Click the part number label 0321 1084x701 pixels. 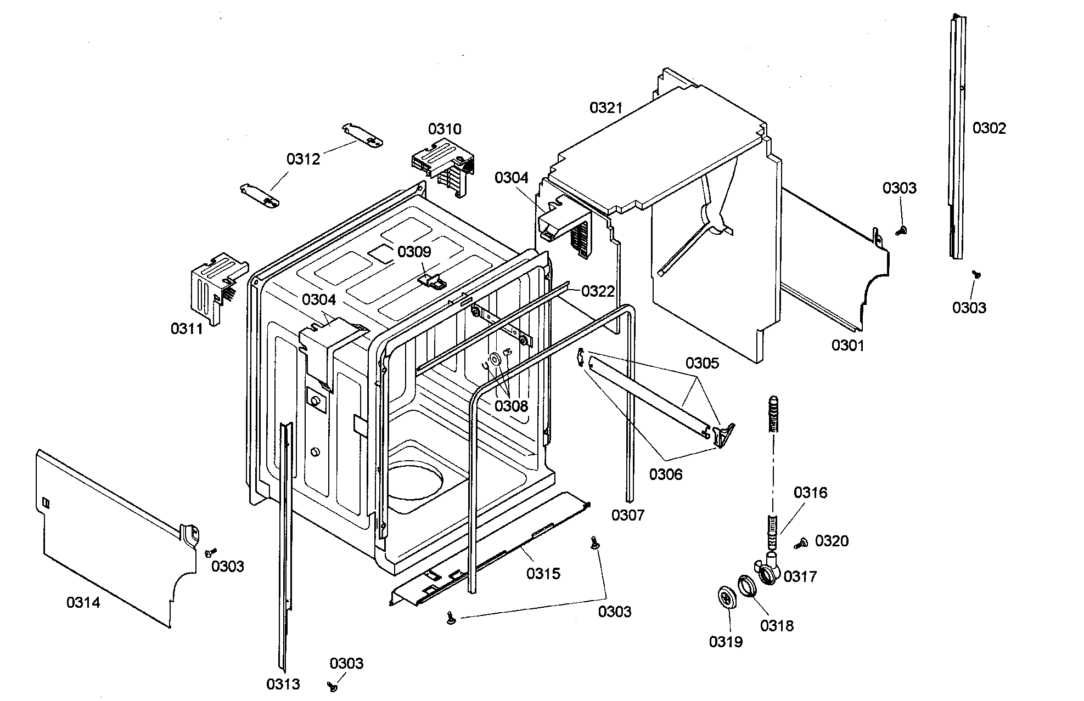pos(606,108)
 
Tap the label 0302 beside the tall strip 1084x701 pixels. pos(989,128)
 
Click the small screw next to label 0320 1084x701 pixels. pos(801,543)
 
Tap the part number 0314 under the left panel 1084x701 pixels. pos(83,602)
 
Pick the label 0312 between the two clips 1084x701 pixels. pos(303,159)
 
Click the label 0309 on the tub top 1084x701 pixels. pos(414,252)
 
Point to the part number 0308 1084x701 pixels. pos(510,406)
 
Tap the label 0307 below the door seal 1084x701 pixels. pos(628,515)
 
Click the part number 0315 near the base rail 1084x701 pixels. pos(543,573)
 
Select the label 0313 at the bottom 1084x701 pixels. pos(283,683)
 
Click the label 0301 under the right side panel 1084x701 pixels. pos(847,345)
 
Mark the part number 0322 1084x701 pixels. pos(598,291)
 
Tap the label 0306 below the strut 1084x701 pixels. pos(665,474)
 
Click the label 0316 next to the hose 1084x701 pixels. pos(810,493)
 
